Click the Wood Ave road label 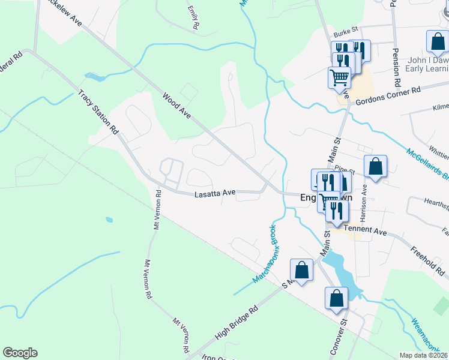[x=176, y=104]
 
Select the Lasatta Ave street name [x=215, y=194]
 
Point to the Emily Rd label [x=193, y=18]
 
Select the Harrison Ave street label [x=364, y=201]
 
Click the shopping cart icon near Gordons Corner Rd [x=339, y=77]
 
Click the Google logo [x=20, y=353]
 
